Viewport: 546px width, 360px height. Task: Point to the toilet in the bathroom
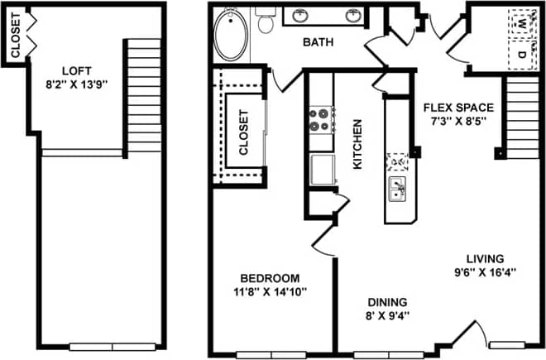[266, 22]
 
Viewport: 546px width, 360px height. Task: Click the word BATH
[318, 43]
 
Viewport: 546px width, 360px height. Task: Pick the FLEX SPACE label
[458, 107]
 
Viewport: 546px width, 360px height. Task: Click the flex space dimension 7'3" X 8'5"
[458, 120]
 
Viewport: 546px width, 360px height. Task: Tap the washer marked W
[523, 23]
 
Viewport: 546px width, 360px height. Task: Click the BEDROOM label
[270, 278]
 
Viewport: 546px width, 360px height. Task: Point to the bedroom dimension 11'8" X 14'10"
[270, 291]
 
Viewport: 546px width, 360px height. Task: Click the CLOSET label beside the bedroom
[244, 133]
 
